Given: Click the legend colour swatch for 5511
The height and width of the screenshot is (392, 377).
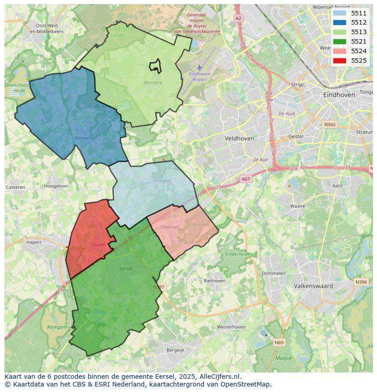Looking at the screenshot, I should coord(339,13).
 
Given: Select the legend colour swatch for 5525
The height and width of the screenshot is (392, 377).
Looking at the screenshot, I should coord(339,61).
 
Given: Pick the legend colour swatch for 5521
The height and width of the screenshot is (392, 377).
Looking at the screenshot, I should coord(339,41).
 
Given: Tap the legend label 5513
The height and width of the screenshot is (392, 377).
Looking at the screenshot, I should coord(359,32).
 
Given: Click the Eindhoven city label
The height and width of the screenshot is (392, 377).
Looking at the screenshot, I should coord(339,95).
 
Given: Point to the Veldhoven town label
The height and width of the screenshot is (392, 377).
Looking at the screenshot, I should coord(239,138).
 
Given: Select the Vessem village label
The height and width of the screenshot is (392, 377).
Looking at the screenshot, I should coord(82,137).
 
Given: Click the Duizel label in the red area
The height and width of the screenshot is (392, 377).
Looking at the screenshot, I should coord(98,244).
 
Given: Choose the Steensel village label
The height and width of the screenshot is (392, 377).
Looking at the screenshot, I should coord(169,227).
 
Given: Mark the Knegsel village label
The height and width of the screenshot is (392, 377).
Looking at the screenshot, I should coord(162,181).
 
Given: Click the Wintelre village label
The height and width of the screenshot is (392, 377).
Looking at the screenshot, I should coord(153,83).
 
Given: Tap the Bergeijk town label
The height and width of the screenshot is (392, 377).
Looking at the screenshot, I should coord(175,350).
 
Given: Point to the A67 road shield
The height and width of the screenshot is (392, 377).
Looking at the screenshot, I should coord(246,179).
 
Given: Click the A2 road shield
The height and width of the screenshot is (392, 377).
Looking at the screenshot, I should coord(238,18).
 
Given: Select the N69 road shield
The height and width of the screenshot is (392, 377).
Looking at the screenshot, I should coord(279,342).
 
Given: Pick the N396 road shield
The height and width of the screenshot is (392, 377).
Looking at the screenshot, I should coord(361,282).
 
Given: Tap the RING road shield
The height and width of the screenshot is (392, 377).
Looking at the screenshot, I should coord(329,124).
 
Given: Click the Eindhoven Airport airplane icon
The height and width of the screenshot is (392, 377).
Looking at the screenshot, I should coord(199,67).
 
